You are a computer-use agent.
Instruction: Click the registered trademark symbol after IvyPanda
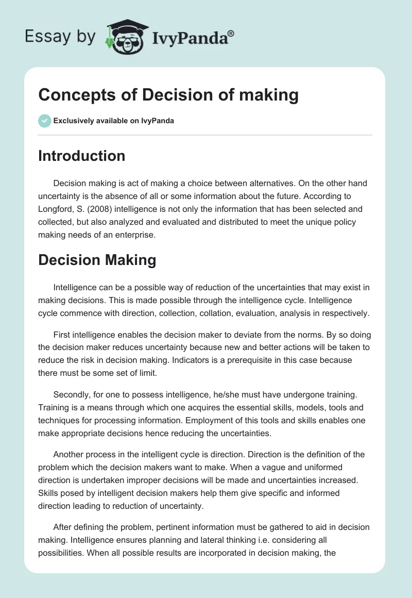(x=231, y=34)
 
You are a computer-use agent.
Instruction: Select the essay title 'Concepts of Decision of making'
(x=168, y=95)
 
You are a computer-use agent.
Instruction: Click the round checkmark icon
(x=44, y=121)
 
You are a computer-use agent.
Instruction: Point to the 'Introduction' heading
(x=81, y=156)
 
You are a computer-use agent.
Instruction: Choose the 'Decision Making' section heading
(x=97, y=260)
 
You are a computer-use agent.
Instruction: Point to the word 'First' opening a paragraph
(x=63, y=336)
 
